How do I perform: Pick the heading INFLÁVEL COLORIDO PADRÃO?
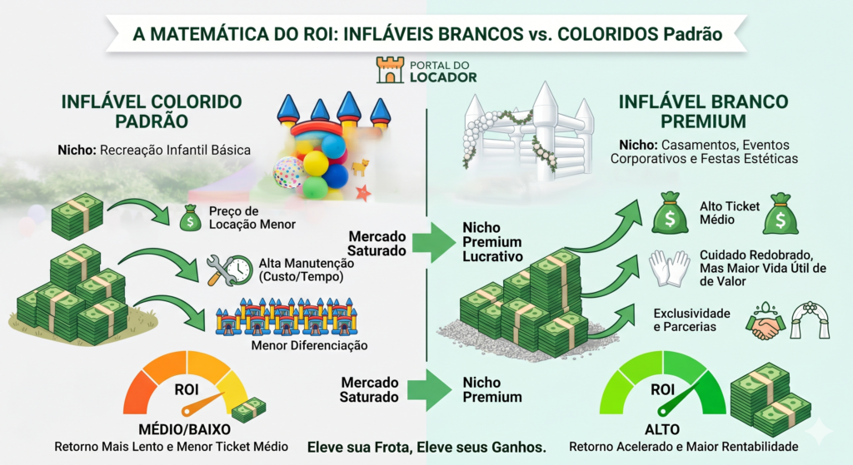(151, 111)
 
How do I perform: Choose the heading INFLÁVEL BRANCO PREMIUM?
(703, 111)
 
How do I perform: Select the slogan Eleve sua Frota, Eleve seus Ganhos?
(426, 447)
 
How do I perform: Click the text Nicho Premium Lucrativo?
(493, 241)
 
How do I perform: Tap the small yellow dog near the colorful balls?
(360, 168)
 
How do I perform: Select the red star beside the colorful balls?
(362, 194)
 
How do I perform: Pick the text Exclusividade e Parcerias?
(691, 320)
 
